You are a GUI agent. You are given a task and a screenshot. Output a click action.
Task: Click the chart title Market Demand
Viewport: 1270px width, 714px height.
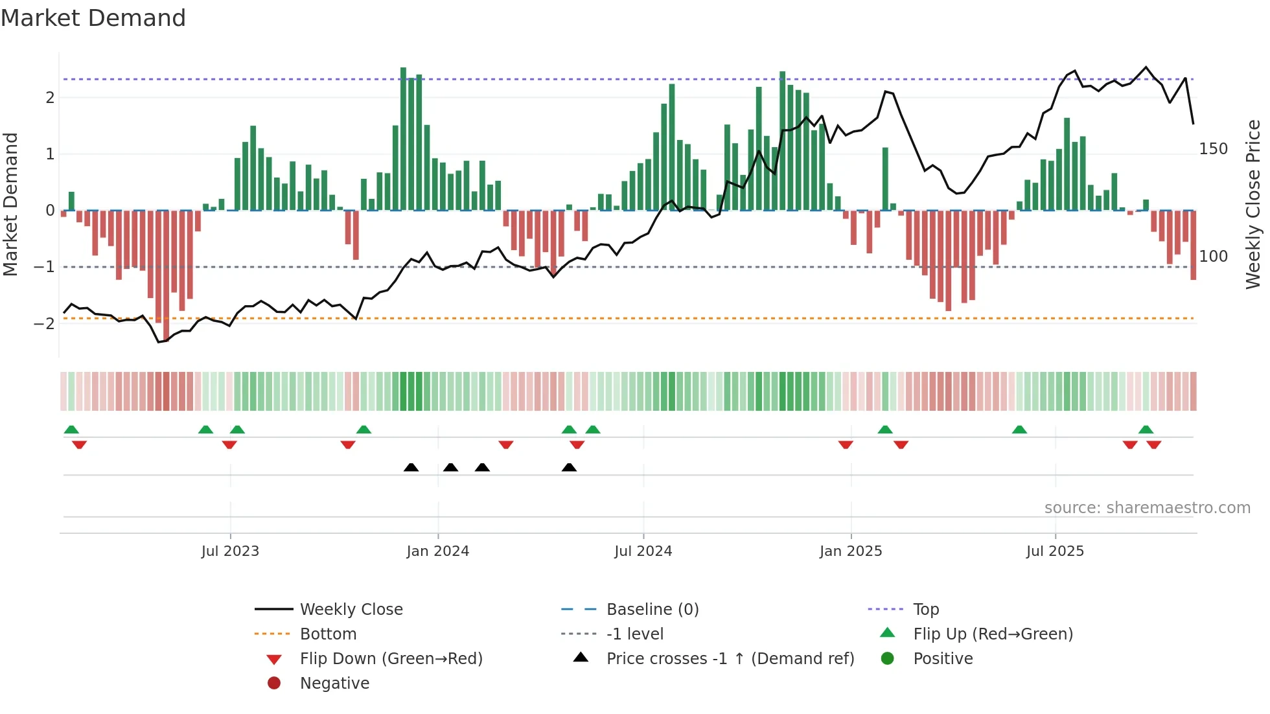coord(93,18)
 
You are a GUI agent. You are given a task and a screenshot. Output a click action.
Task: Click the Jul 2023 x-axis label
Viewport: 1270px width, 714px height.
coord(230,551)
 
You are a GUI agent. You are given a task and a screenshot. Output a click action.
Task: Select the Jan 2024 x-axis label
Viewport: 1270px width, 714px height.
coord(438,551)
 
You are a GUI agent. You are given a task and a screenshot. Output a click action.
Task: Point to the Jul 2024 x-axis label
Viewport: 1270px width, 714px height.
coord(643,551)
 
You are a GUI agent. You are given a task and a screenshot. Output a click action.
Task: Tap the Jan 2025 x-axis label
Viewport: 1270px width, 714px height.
coord(851,551)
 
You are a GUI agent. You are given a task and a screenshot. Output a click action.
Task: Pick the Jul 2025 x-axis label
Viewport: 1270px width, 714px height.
coord(1055,551)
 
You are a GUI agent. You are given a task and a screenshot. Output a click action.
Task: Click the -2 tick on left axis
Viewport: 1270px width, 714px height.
coord(45,323)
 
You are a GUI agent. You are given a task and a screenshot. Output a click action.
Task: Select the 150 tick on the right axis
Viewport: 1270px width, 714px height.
coord(1213,149)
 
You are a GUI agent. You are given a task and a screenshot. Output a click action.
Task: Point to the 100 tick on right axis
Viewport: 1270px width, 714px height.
coord(1213,257)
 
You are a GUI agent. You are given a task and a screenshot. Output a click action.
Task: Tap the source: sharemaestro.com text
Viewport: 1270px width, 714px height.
coord(1147,508)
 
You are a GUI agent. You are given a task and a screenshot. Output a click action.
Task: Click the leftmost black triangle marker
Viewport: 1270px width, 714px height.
coord(411,467)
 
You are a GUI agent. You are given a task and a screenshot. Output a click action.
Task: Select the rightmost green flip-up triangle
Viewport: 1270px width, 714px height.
coord(1146,430)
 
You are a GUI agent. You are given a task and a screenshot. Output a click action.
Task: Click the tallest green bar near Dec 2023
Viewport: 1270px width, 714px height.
coord(403,139)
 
